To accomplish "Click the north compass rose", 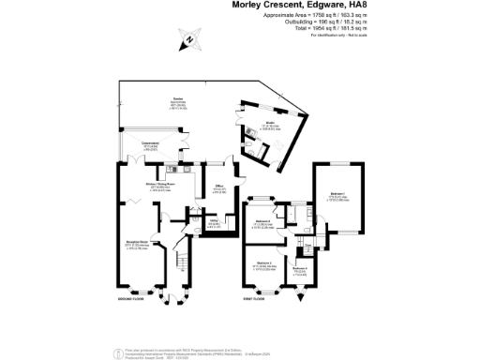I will point(190,39).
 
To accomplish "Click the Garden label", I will point(176,98).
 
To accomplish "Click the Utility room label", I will point(214,222).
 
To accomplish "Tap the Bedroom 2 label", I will point(265,264).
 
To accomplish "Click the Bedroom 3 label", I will point(264,221).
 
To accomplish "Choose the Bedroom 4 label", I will point(299,269).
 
